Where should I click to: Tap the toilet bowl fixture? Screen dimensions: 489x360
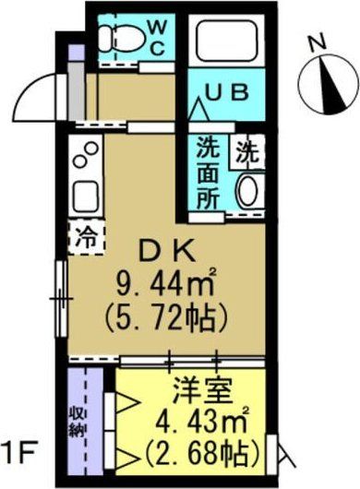(120, 38)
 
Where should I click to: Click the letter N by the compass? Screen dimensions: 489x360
(317, 42)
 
